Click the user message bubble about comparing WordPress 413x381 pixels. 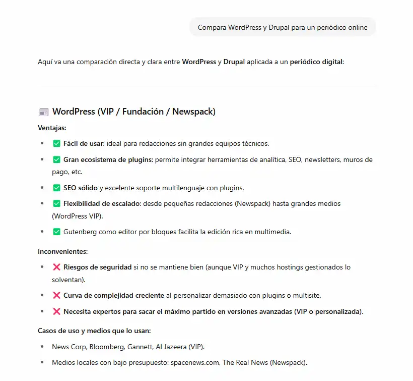pos(282,27)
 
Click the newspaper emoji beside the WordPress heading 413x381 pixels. pos(44,112)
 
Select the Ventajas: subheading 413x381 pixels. pos(52,128)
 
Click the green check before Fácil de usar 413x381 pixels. pos(56,143)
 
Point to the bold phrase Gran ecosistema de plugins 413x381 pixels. pos(108,159)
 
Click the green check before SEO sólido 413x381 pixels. pos(56,188)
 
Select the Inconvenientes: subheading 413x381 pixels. pos(63,251)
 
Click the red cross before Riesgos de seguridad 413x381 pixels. pos(56,267)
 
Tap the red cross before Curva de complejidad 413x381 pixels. pos(56,295)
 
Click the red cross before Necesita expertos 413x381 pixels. pos(56,311)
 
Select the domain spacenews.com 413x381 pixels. pos(194,362)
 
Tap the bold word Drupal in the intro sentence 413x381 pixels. pos(234,62)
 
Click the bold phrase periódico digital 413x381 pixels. pos(316,62)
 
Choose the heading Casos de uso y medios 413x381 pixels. pos(94,331)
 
